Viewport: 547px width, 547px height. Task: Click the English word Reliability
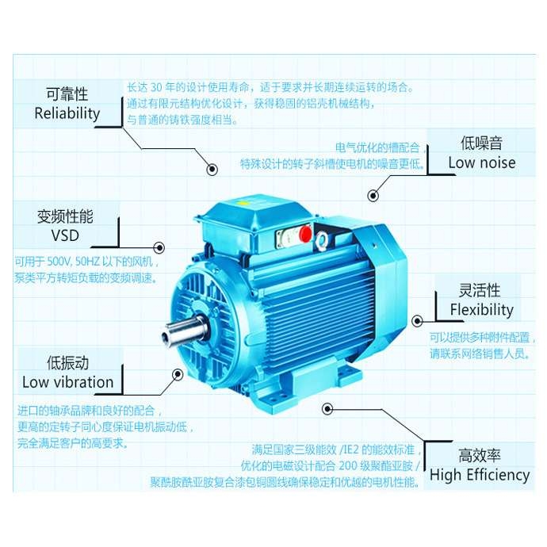(x=67, y=113)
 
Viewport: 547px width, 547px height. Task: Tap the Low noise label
(x=482, y=163)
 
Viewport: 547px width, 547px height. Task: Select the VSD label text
(x=65, y=235)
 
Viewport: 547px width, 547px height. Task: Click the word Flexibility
(x=481, y=309)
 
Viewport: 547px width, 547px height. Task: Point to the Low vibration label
(x=68, y=382)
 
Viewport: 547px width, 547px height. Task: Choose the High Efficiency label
(x=480, y=475)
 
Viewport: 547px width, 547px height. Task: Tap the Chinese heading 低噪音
(x=482, y=143)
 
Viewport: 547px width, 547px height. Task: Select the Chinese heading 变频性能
(x=65, y=216)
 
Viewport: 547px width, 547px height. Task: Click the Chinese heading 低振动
(x=68, y=363)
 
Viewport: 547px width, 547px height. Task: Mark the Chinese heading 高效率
(x=480, y=456)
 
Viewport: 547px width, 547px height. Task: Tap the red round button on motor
(x=304, y=235)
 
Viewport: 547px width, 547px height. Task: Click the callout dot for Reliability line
(x=212, y=169)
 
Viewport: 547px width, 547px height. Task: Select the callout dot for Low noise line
(x=372, y=195)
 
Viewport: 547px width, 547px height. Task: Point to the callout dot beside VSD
(x=159, y=247)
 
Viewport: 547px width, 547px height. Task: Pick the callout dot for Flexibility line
(x=416, y=320)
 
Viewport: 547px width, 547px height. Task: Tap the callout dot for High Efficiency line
(x=327, y=408)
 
